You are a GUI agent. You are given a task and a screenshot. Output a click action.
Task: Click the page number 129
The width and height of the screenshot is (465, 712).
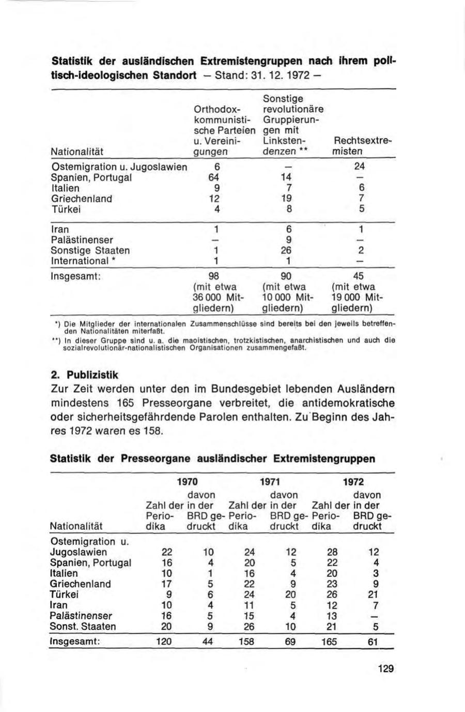pyautogui.click(x=385, y=669)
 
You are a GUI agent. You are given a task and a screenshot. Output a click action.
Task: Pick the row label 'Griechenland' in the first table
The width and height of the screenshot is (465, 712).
pyautogui.click(x=82, y=199)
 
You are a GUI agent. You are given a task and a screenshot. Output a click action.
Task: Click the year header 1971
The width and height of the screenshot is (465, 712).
pyautogui.click(x=269, y=482)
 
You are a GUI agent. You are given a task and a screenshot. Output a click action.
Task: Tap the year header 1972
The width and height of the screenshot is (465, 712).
pyautogui.click(x=353, y=482)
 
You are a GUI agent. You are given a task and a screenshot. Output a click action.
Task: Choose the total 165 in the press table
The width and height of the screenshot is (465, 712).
pyautogui.click(x=329, y=642)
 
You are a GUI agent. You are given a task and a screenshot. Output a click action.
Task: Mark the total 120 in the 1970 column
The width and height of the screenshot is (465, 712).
pyautogui.click(x=163, y=642)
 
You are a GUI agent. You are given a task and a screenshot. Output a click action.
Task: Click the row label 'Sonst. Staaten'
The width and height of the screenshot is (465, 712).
pyautogui.click(x=83, y=627)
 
